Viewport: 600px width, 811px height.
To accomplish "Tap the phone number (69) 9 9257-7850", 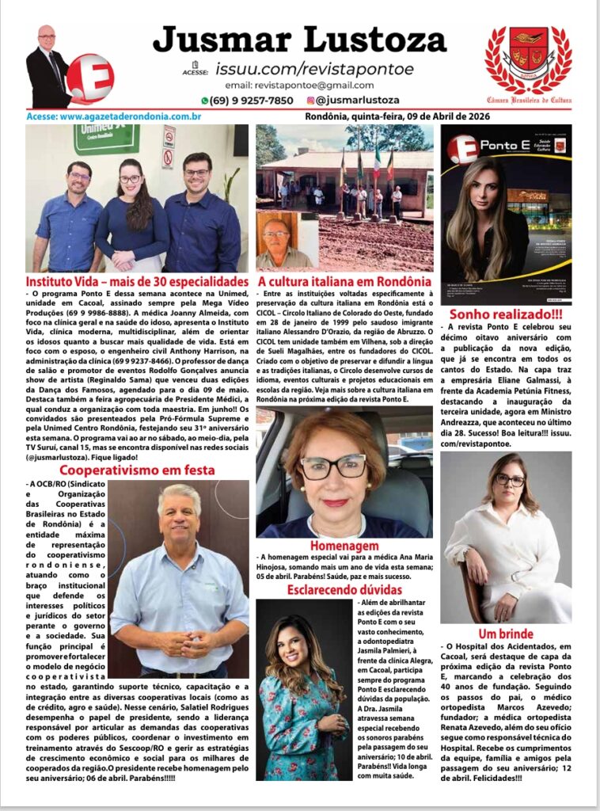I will click(x=247, y=101).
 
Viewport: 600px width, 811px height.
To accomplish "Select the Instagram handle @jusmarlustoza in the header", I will click(x=357, y=101).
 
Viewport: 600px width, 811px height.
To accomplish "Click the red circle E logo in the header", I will click(x=89, y=78).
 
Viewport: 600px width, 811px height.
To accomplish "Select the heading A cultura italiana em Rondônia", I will click(x=344, y=281).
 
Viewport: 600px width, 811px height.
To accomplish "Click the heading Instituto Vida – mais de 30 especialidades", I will click(x=137, y=281).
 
